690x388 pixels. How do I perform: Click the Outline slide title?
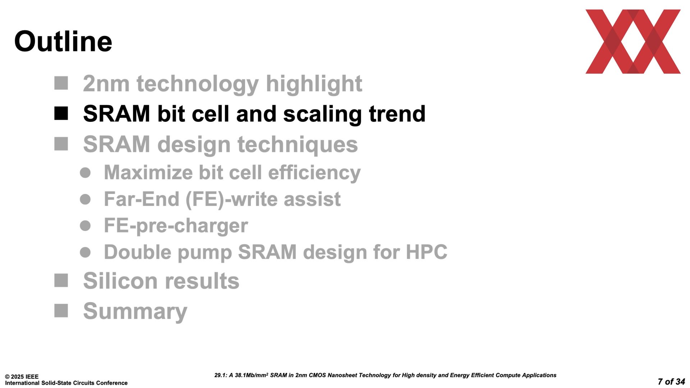(x=63, y=41)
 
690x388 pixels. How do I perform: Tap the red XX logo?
(x=633, y=42)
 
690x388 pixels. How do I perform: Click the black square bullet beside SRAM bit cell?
(x=61, y=114)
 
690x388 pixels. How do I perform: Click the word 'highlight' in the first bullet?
(x=314, y=84)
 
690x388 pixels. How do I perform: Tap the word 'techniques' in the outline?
(x=298, y=145)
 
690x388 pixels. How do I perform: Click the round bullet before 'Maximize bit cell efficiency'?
(x=85, y=173)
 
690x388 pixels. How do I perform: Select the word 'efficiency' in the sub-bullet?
(x=314, y=173)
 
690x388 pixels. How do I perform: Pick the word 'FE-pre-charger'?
(x=176, y=226)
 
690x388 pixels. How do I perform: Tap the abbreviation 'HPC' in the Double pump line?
(x=427, y=252)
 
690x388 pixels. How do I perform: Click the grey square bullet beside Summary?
(x=61, y=311)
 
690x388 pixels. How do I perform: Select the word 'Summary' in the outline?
(x=135, y=311)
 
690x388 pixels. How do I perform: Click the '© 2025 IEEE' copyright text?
(x=22, y=377)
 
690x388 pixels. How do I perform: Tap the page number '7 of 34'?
(x=671, y=382)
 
